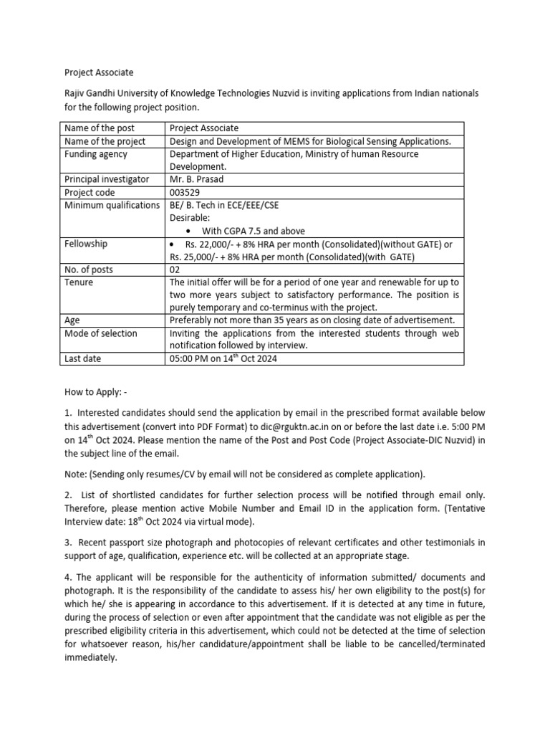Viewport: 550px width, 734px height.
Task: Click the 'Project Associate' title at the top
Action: tap(99, 72)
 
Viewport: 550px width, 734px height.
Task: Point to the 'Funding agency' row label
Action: tap(96, 154)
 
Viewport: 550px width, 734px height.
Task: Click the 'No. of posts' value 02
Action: tap(176, 270)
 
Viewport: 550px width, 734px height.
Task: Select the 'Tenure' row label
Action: tap(79, 282)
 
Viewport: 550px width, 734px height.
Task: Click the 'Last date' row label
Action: tap(83, 358)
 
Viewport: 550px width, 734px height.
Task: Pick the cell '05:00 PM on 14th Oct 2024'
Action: tap(223, 358)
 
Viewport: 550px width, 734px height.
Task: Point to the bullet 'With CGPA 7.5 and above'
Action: tap(253, 231)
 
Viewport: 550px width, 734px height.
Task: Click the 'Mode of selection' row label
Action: tap(101, 333)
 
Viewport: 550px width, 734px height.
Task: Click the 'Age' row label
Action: tap(72, 320)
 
